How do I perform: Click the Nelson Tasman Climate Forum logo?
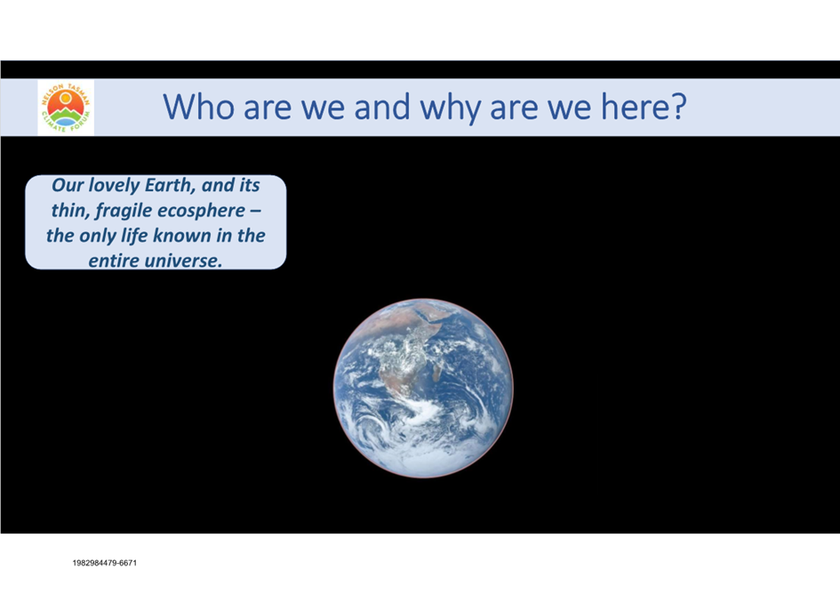click(66, 108)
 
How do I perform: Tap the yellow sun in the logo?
click(66, 98)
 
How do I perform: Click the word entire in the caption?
click(115, 261)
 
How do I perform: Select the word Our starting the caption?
click(68, 185)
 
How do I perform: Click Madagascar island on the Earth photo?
click(437, 371)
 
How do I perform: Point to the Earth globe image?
click(423, 388)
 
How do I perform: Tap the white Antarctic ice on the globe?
click(423, 461)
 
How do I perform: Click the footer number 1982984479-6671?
click(105, 563)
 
